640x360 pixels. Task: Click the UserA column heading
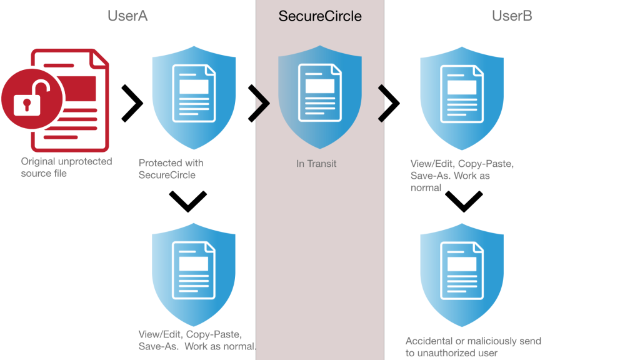click(x=127, y=16)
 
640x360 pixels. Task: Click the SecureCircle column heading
click(x=320, y=16)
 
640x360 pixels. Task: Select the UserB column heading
click(x=512, y=16)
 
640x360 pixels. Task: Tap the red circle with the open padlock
click(x=25, y=100)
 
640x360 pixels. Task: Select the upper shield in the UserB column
click(x=461, y=100)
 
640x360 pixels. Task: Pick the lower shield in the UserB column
click(x=461, y=278)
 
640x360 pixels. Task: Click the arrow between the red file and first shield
click(x=132, y=103)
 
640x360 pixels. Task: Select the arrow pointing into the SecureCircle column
click(x=259, y=103)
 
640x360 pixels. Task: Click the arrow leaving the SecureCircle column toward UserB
click(x=389, y=103)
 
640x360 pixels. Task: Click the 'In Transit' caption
click(x=316, y=164)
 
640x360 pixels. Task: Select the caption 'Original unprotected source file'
click(x=66, y=167)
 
